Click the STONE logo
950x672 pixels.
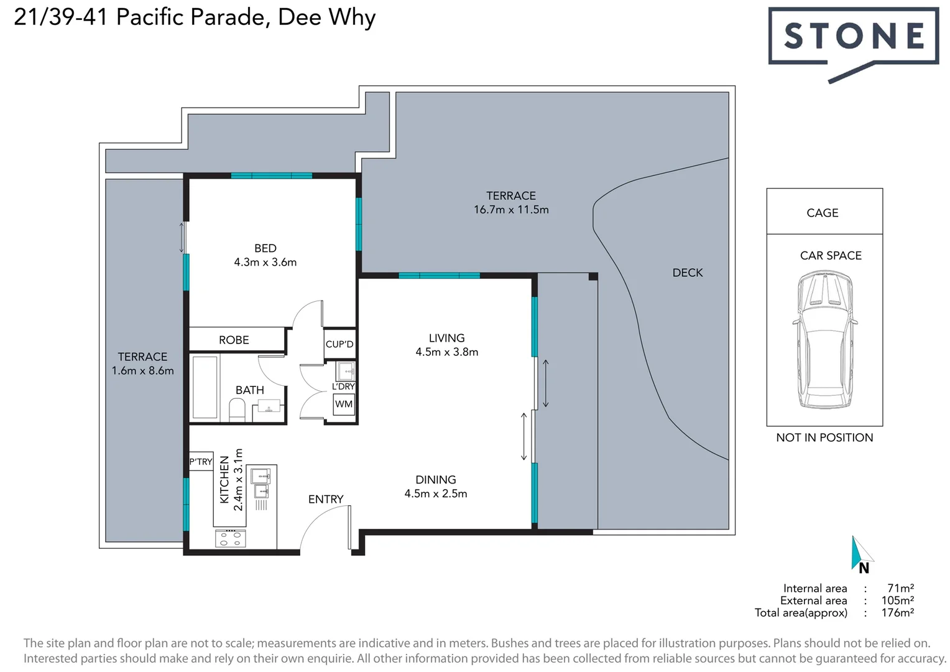[x=854, y=36]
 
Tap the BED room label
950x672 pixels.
[x=265, y=248]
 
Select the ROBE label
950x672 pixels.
[x=234, y=340]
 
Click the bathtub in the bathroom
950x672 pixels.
[x=205, y=387]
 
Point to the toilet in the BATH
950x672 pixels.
[x=237, y=409]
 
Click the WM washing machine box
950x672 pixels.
[x=344, y=404]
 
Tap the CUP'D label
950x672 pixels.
[x=339, y=344]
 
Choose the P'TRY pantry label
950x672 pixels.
[x=201, y=462]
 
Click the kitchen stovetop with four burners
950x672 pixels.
[x=230, y=539]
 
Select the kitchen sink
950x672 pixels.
[x=261, y=477]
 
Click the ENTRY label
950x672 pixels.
[x=326, y=499]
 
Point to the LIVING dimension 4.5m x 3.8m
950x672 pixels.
[x=447, y=352]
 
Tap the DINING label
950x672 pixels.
[x=436, y=480]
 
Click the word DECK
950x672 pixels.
[x=688, y=273]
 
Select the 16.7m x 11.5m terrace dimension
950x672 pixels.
[x=511, y=210]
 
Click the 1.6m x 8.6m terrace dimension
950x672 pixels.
[x=143, y=371]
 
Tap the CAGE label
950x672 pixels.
[x=823, y=213]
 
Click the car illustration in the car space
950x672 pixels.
[x=824, y=339]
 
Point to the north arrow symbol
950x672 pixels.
[x=861, y=554]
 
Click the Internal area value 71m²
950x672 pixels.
[x=900, y=588]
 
